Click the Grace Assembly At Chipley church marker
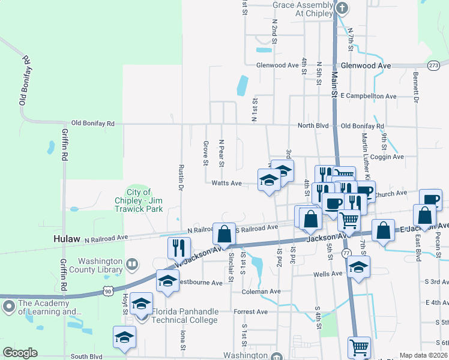click(342, 8)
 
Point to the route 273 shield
click(434, 65)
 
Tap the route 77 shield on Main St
click(346, 254)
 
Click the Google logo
click(20, 353)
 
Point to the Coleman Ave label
click(261, 292)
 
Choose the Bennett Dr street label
click(415, 87)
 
